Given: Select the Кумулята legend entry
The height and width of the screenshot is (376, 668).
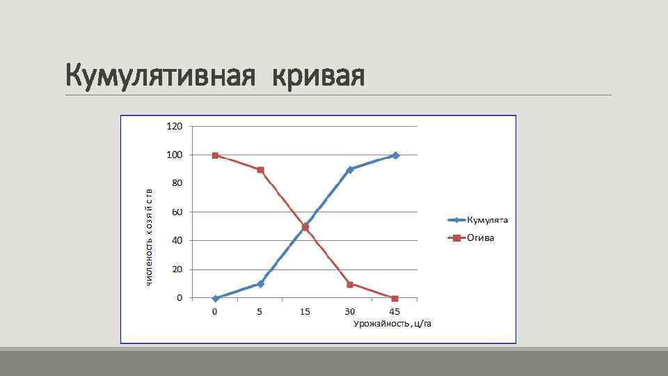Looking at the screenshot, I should pos(487,220).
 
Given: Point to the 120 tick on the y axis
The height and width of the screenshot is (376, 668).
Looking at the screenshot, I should pos(174,126).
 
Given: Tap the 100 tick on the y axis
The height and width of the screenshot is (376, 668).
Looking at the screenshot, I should pos(174,155).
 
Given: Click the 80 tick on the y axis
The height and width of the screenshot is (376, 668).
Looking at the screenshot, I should pos(177,183).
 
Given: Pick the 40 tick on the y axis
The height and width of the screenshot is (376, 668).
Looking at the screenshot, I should pos(177,240).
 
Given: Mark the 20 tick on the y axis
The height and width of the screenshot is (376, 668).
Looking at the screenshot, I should pos(177,269).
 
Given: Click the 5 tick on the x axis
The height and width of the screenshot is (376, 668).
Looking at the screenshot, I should pos(260,312).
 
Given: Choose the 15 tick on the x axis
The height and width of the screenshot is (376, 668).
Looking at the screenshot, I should pos(305,312).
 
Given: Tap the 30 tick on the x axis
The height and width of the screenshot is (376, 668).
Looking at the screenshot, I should pos(350,312).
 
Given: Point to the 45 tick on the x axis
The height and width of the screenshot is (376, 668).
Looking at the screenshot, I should pos(395,312).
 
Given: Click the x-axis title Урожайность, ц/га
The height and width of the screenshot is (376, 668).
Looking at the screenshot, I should pos(392,324).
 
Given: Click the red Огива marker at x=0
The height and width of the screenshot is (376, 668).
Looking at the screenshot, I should pos(215,155).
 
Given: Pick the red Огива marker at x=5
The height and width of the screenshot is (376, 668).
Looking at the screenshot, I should pos(260,170).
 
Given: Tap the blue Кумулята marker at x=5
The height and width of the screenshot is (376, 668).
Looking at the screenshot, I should pos(260,283).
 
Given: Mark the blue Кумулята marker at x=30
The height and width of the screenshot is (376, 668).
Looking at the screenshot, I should pos(350,169).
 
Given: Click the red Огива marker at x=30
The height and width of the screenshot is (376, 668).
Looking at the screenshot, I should pos(350,284).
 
